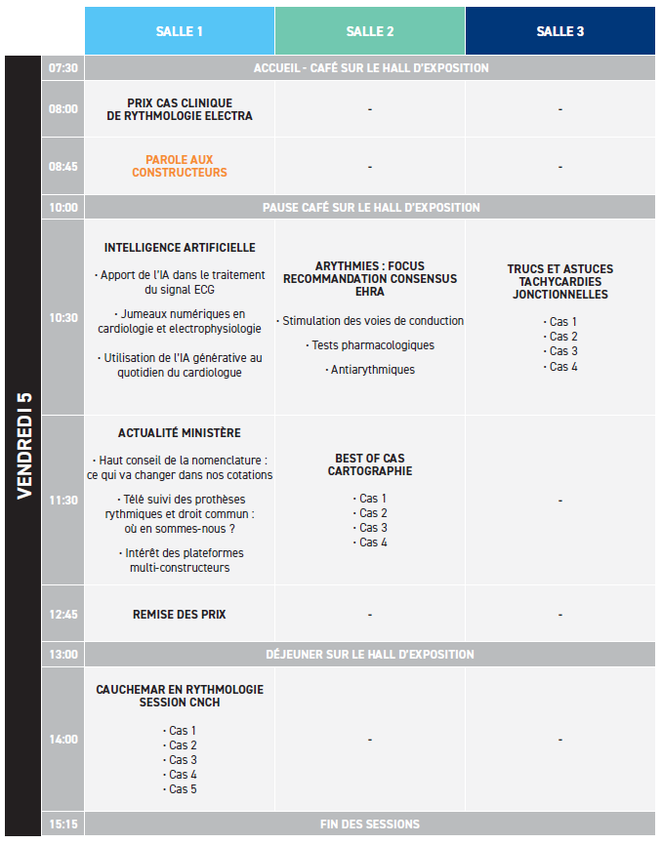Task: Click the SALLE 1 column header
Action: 180,31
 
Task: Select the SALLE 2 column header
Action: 370,31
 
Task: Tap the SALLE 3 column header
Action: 560,31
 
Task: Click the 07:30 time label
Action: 63,68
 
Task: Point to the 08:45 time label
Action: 63,167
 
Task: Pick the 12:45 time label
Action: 63,615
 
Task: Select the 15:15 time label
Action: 63,824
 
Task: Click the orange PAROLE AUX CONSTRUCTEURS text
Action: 180,167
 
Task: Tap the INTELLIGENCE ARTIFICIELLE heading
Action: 180,248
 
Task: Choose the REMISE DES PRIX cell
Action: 180,615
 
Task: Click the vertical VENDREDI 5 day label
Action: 24,446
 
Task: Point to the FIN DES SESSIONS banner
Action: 370,824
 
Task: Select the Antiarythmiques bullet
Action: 372,370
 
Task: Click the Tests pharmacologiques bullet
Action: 372,345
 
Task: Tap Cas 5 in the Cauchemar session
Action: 183,789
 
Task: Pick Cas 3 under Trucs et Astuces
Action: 563,351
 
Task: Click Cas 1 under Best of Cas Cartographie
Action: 373,499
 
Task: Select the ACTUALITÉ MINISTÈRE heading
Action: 180,433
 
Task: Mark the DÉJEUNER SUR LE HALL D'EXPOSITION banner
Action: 370,654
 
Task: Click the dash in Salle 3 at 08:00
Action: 560,109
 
